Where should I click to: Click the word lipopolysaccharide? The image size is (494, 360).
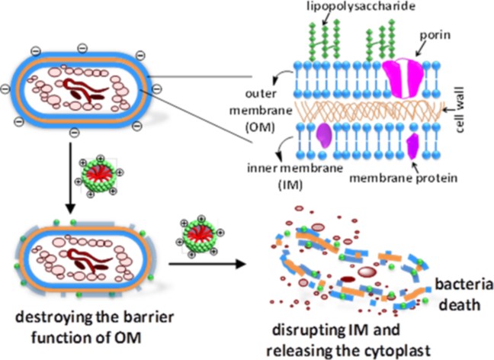tap(353, 8)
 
